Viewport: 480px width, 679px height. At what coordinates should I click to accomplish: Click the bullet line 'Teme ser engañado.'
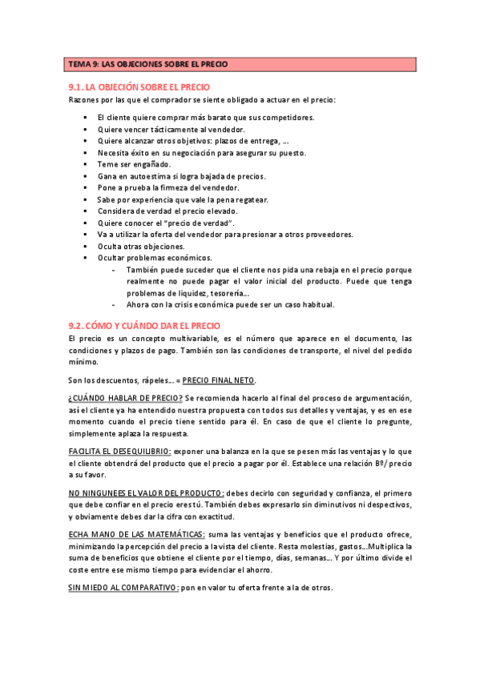click(134, 164)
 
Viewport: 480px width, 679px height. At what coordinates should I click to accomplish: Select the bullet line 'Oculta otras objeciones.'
click(140, 247)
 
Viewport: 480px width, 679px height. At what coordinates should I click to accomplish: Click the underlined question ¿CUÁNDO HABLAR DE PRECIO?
click(125, 398)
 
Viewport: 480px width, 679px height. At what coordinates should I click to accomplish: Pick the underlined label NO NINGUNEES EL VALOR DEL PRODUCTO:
click(145, 493)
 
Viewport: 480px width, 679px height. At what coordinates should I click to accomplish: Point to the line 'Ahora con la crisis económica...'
click(229, 304)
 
